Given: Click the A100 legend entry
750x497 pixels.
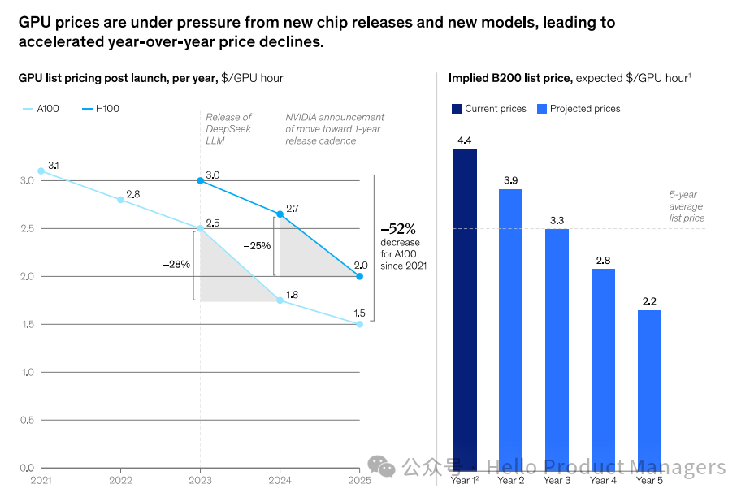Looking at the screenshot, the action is pos(41,109).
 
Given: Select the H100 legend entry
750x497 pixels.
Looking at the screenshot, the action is pos(101,109).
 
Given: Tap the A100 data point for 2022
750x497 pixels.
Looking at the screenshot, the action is pos(120,200).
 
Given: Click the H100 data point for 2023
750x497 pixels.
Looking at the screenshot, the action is pos(201,180).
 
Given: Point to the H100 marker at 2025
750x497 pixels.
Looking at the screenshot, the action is pos(360,276).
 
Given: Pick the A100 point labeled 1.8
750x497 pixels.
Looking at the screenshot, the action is pos(280,300).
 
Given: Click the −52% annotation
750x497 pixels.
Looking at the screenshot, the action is pos(398,229).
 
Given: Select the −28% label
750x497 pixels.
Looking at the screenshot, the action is pos(176,264).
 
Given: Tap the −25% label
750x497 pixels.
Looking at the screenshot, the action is pos(257,246).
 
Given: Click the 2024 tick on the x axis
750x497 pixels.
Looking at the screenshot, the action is pos(280,480).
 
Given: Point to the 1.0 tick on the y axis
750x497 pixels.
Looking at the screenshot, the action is pos(28,372).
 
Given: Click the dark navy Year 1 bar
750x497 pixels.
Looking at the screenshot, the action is pos(465,309).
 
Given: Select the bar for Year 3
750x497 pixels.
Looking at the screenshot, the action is pos(557,350).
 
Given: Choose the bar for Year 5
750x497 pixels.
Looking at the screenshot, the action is pos(649,391).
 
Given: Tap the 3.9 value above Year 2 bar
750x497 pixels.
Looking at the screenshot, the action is pos(511,180).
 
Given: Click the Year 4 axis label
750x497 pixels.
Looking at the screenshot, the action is pos(603,480).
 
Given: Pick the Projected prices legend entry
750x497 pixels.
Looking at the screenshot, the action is pos(579,109).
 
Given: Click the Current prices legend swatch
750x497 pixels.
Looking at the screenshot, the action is pos(457,109).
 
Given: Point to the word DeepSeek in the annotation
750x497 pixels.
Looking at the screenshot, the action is pos(228,129).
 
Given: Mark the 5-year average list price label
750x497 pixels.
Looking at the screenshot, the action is pos(687,206).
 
